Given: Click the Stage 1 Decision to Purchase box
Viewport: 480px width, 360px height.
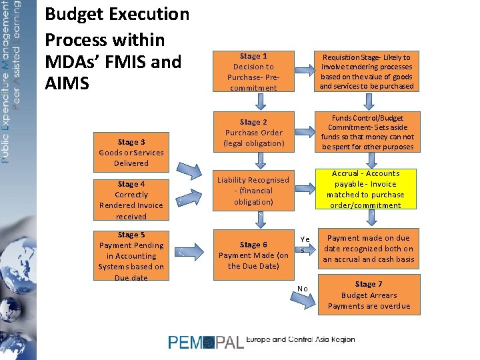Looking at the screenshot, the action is (x=253, y=72).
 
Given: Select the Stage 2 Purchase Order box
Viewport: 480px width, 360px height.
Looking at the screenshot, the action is (x=253, y=133).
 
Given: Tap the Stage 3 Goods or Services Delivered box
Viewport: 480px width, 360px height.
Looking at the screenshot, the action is (x=131, y=152).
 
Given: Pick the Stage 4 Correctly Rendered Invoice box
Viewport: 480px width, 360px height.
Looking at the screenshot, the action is (x=131, y=200).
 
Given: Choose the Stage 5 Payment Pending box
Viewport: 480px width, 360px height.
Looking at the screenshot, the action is (x=131, y=255).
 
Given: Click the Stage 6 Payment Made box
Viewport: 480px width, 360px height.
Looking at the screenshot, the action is (x=253, y=255).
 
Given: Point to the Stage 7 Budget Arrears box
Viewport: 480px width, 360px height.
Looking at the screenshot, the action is (x=369, y=295).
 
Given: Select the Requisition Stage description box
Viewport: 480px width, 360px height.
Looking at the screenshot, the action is (x=366, y=72).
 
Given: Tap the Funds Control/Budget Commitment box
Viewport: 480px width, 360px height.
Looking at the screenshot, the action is (x=366, y=133).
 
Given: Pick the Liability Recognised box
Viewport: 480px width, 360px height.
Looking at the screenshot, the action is (x=253, y=191).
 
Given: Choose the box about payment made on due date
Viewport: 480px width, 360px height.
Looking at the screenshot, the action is (x=369, y=249).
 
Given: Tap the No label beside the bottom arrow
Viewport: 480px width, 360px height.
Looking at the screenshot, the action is (x=303, y=288).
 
